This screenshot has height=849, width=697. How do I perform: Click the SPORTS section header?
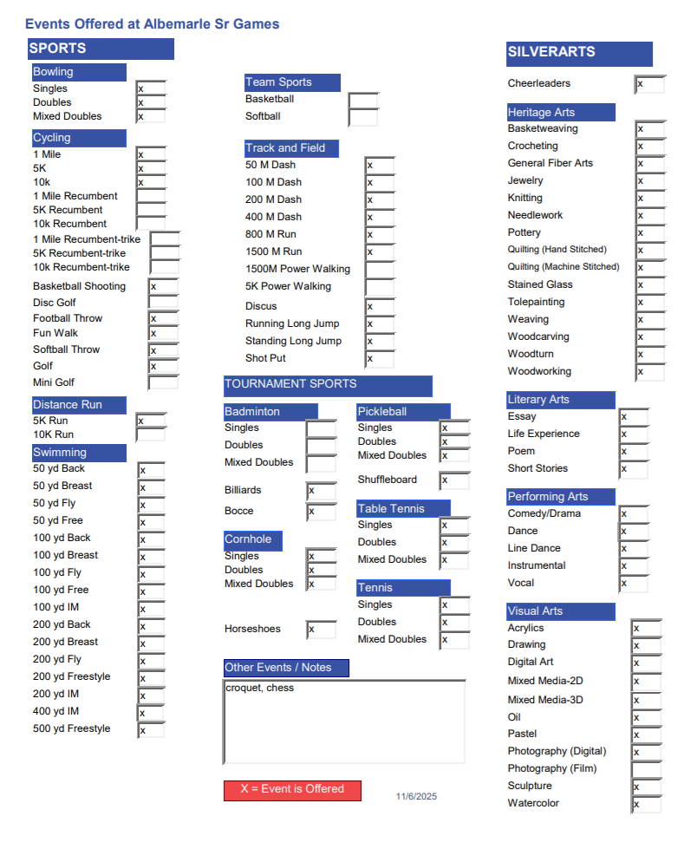(x=100, y=49)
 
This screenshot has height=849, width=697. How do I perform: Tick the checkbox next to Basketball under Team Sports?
(x=363, y=100)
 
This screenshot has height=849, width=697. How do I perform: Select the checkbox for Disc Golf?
(x=163, y=303)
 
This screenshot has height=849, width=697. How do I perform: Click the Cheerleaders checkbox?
(x=649, y=84)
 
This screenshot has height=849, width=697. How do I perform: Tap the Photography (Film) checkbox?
(x=646, y=769)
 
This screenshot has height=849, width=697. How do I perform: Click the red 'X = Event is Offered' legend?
(x=292, y=790)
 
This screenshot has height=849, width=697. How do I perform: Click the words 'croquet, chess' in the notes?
(x=259, y=689)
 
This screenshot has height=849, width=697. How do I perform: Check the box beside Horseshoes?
(x=321, y=630)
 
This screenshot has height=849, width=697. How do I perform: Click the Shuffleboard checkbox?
(x=454, y=480)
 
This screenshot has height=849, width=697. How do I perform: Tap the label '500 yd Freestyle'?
(x=72, y=728)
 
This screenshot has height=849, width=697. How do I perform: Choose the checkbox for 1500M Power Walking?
(x=380, y=269)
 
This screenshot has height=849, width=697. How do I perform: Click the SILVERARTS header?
(x=579, y=53)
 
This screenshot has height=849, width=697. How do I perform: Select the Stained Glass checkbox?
(x=649, y=285)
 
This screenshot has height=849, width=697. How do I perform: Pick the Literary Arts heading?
(x=561, y=400)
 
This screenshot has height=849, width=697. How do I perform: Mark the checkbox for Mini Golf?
(x=163, y=382)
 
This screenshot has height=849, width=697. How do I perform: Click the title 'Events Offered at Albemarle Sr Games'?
(x=153, y=23)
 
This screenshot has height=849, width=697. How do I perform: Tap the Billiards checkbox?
(x=321, y=491)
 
